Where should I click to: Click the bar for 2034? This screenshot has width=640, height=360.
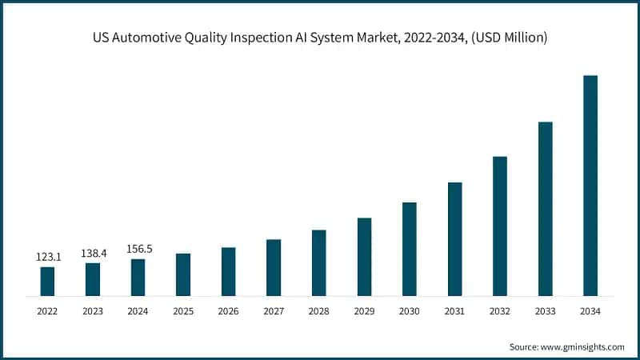pyautogui.click(x=590, y=186)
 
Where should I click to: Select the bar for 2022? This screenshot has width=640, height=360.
pyautogui.click(x=47, y=282)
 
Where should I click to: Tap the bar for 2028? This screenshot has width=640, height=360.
pyautogui.click(x=318, y=263)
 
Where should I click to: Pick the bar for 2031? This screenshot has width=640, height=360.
pyautogui.click(x=454, y=239)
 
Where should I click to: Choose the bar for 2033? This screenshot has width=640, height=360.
pyautogui.click(x=545, y=209)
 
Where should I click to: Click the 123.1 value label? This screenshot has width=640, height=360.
pyautogui.click(x=47, y=257)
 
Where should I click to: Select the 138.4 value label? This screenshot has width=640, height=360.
pyautogui.click(x=93, y=253)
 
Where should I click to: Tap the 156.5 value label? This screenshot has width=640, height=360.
pyautogui.click(x=138, y=249)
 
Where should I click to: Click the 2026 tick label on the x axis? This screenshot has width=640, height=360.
pyautogui.click(x=228, y=310)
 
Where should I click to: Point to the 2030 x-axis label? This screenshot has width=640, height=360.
pyautogui.click(x=409, y=310)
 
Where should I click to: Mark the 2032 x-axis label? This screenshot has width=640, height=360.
pyautogui.click(x=499, y=310)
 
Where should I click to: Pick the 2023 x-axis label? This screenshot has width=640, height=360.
pyautogui.click(x=93, y=310)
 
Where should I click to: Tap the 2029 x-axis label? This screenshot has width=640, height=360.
pyautogui.click(x=364, y=310)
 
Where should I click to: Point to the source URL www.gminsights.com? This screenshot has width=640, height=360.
pyautogui.click(x=581, y=346)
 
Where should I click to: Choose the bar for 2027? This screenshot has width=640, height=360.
pyautogui.click(x=274, y=268)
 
